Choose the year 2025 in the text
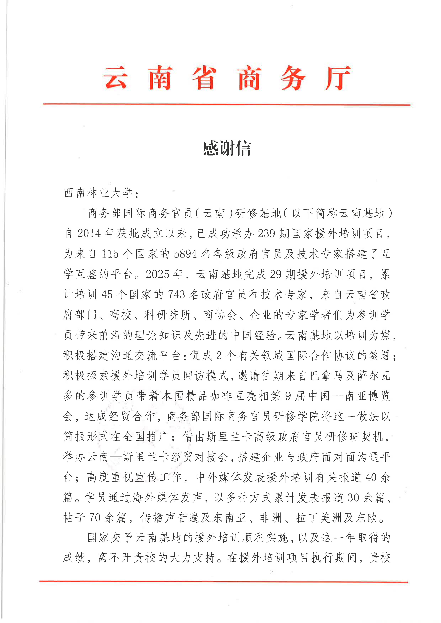158,274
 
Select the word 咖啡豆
227,396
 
